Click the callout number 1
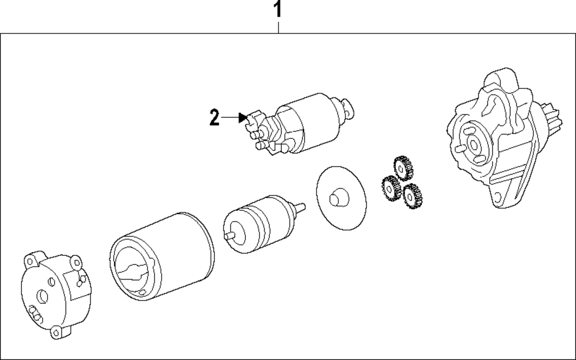point(278,9)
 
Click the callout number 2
point(214,119)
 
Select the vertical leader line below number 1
point(278,26)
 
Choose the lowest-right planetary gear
point(412,196)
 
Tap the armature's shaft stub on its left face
point(229,235)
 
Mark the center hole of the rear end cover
point(41,297)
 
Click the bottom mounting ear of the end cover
point(58,332)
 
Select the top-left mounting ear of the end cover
point(31,259)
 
